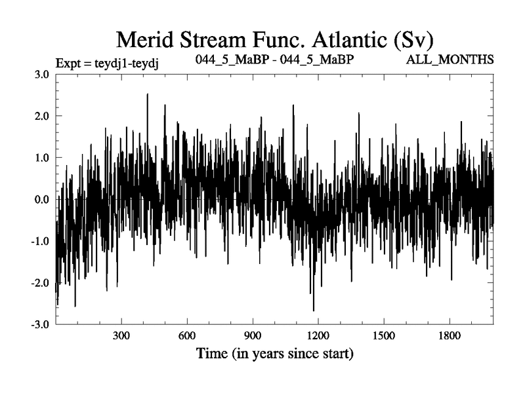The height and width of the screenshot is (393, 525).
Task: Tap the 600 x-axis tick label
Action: pos(187,336)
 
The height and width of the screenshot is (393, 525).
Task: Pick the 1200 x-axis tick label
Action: pos(318,336)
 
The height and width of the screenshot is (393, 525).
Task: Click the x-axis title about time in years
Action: pos(275,354)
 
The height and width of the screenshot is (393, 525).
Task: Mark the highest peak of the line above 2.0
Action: pos(148,94)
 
